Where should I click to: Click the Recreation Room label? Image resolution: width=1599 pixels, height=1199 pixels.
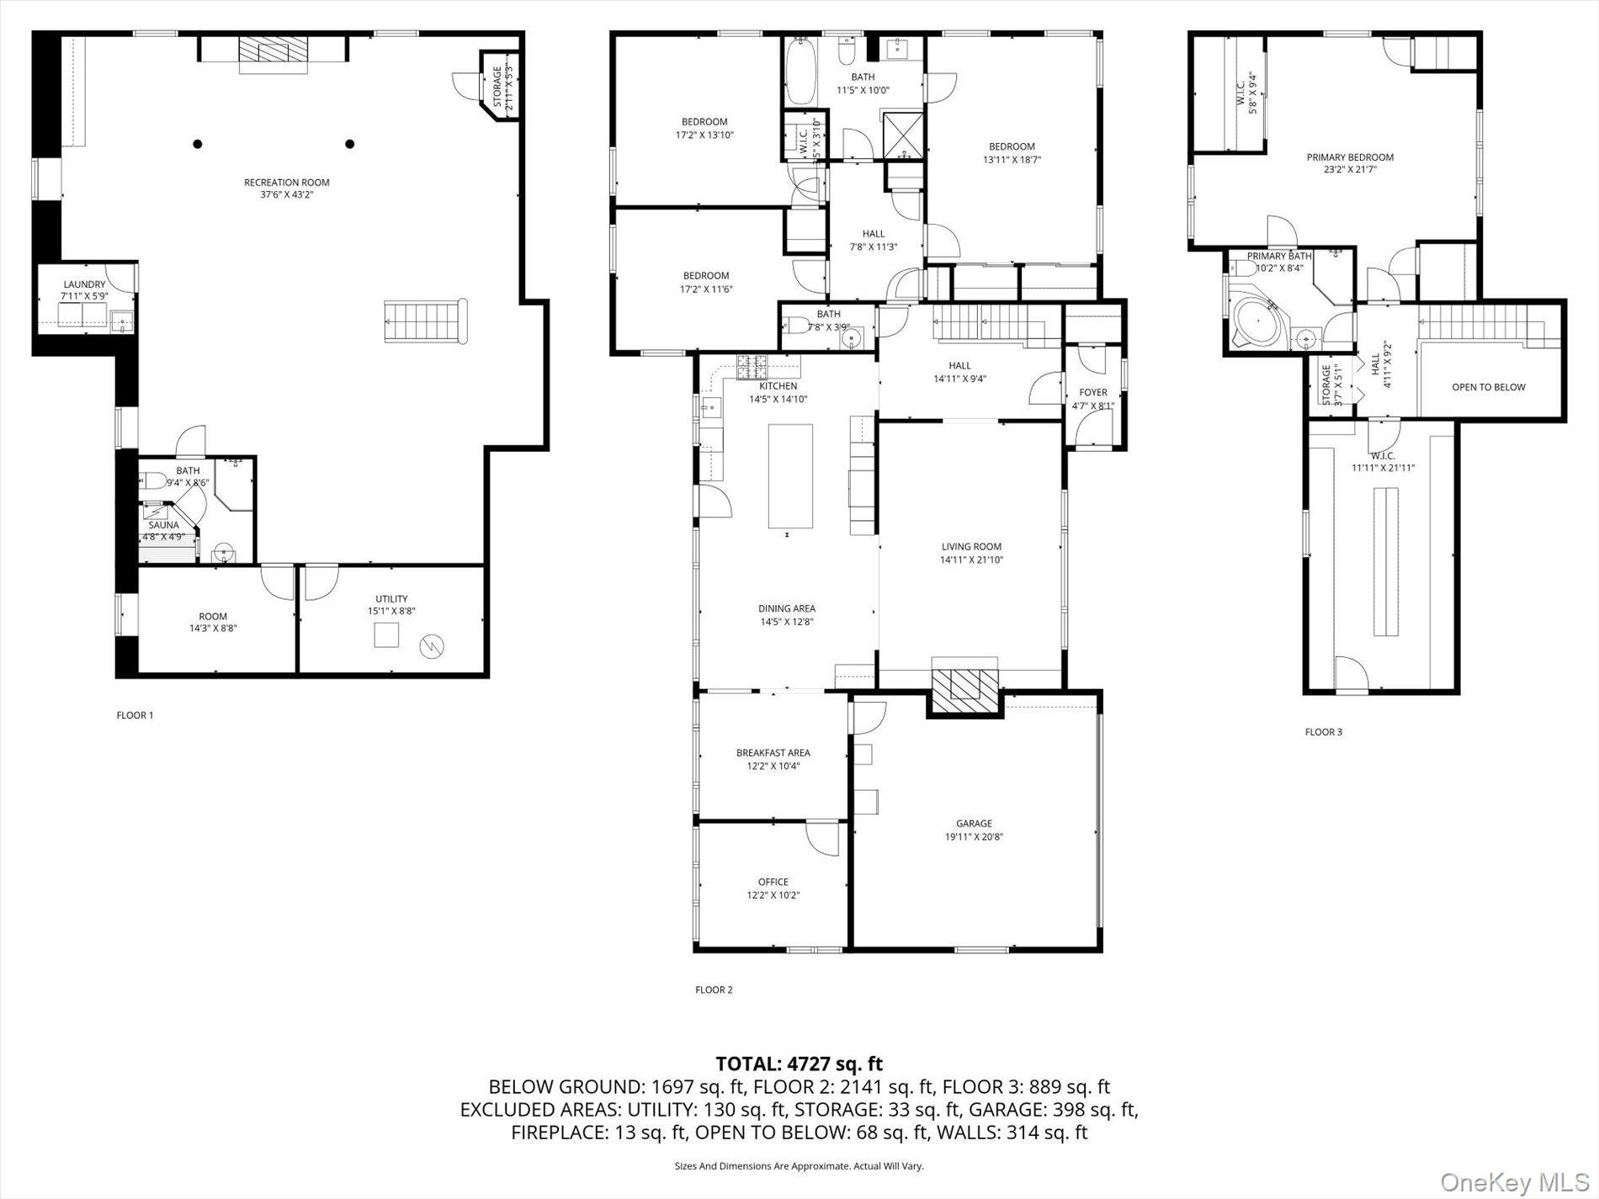click(286, 183)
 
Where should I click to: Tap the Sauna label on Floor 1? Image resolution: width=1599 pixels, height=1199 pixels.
click(164, 525)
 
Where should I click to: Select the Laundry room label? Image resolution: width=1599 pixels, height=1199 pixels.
click(84, 284)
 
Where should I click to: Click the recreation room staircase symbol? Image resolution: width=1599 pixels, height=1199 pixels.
click(426, 321)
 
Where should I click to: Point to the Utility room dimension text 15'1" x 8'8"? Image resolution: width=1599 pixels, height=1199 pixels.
click(391, 612)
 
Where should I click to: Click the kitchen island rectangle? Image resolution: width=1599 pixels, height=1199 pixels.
click(790, 476)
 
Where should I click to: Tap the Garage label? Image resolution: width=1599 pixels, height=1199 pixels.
click(974, 824)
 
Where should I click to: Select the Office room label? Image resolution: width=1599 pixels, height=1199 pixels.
click(773, 882)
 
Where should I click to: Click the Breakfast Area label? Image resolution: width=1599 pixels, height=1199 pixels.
click(773, 753)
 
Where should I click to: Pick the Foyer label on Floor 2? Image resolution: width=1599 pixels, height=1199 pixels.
click(1093, 392)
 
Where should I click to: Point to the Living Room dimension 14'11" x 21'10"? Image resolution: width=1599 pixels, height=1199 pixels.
click(972, 560)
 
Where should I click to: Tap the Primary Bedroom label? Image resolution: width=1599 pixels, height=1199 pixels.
click(1350, 157)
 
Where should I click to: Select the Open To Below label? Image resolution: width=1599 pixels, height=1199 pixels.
click(1488, 387)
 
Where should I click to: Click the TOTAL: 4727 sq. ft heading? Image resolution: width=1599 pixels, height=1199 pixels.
click(799, 1064)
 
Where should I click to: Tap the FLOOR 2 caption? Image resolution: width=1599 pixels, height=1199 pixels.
click(714, 989)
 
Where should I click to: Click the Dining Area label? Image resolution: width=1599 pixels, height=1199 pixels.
click(786, 608)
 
